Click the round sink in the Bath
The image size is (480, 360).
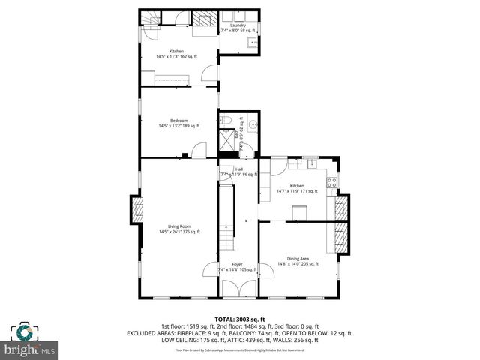click(253, 127)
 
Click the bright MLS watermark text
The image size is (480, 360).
click(31, 350)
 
